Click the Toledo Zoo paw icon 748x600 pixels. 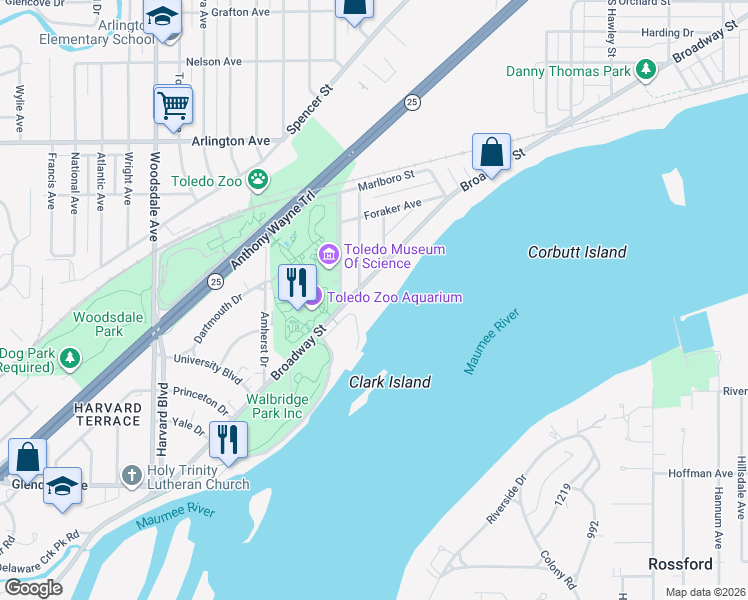[x=259, y=181]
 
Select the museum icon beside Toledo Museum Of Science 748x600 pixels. [x=328, y=256]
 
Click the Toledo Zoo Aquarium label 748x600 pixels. [x=394, y=297]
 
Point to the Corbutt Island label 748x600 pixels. [x=577, y=253]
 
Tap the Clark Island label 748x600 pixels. [x=390, y=382]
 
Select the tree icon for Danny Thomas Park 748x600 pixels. [x=647, y=70]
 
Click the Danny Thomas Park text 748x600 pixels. [x=568, y=71]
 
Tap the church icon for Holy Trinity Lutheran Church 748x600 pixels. [x=131, y=476]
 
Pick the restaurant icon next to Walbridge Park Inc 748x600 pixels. [x=228, y=439]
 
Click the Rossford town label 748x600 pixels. [x=680, y=564]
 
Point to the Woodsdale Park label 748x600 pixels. [x=98, y=324]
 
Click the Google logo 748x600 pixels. [x=32, y=588]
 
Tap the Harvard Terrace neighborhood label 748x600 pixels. [x=105, y=414]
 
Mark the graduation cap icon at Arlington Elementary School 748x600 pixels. [x=162, y=18]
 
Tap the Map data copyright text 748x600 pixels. [x=704, y=592]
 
